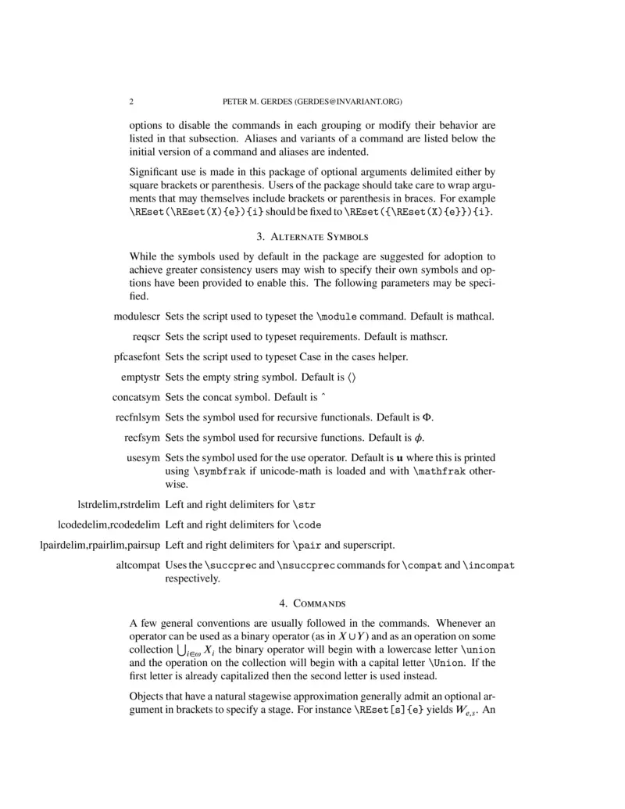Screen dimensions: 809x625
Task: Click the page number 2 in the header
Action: (x=131, y=102)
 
